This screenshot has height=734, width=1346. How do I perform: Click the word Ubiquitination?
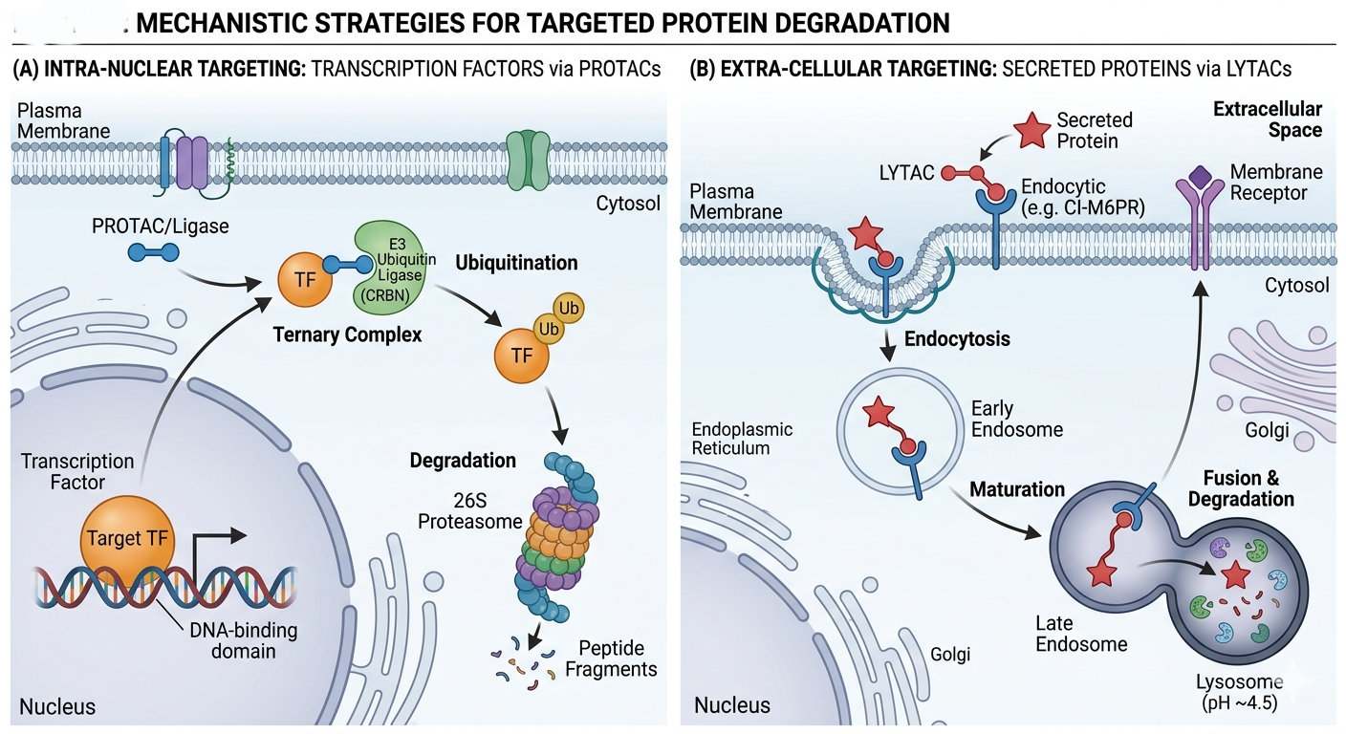pos(516,262)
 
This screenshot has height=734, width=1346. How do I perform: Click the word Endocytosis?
pos(957,338)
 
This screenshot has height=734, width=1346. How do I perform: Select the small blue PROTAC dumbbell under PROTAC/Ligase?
pos(153,252)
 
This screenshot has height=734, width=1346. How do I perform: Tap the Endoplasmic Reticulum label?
pos(742,439)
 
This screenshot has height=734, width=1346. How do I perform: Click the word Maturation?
pos(1017,489)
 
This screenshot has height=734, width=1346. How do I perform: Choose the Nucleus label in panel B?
pos(731,705)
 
